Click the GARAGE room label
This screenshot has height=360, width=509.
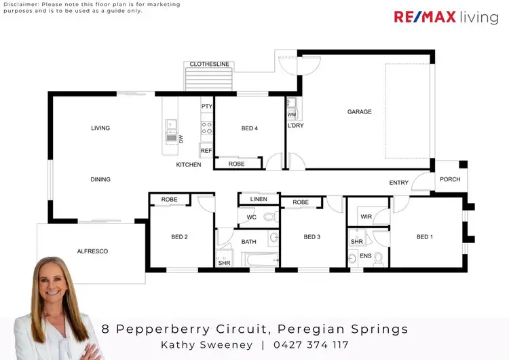pos(359,111)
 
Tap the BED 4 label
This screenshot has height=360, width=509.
pos(249,128)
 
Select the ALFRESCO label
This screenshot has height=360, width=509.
pos(92,251)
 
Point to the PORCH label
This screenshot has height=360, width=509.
pos(450,179)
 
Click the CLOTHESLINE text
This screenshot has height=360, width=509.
pos(210,65)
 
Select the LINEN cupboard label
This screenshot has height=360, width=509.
pos(258,199)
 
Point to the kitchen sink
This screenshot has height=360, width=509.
pos(172,125)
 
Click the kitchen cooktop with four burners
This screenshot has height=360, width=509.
pos(206,128)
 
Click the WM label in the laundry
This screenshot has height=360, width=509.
pos(291,115)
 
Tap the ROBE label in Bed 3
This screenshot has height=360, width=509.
pos(301,202)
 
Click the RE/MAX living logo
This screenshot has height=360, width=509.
pos(446,17)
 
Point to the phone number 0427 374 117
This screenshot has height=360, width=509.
pos(310,345)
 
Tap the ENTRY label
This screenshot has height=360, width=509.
pos(398,183)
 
